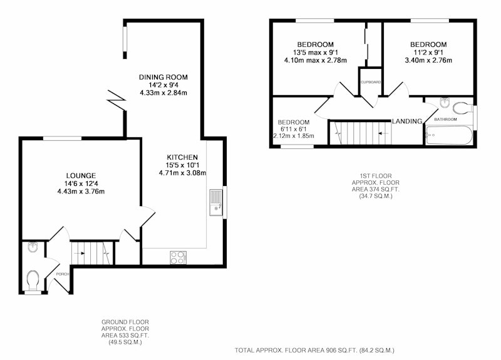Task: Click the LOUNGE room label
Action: tap(81, 176)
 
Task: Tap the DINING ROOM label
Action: tap(163, 77)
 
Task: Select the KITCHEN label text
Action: tap(182, 157)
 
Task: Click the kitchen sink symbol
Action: tap(216, 202)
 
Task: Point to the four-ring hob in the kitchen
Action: tap(178, 257)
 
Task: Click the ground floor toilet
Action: tap(33, 280)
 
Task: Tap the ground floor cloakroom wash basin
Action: tap(33, 247)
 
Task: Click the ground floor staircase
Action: tap(92, 253)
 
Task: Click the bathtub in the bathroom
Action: tap(449, 135)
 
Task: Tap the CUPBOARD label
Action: tap(371, 82)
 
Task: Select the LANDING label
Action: tap(407, 121)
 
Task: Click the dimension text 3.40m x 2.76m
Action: tap(428, 60)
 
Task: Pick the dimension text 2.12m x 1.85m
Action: tap(293, 136)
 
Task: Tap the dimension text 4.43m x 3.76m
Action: tap(81, 192)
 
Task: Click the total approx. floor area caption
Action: tap(314, 351)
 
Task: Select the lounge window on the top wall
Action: tap(63, 138)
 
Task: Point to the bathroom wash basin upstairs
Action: tap(445, 103)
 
